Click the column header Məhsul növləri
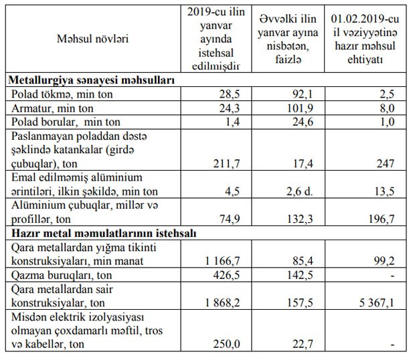(x=92, y=38)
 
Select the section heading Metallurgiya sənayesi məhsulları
(x=92, y=80)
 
